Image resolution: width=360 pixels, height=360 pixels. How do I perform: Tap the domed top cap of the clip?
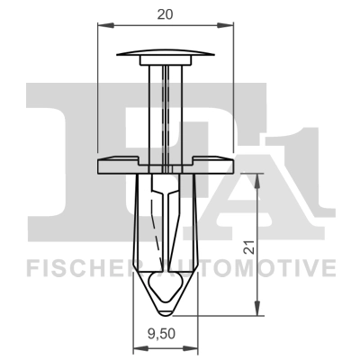pos(166,53)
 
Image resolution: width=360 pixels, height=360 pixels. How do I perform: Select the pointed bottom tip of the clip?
pos(166,311)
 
